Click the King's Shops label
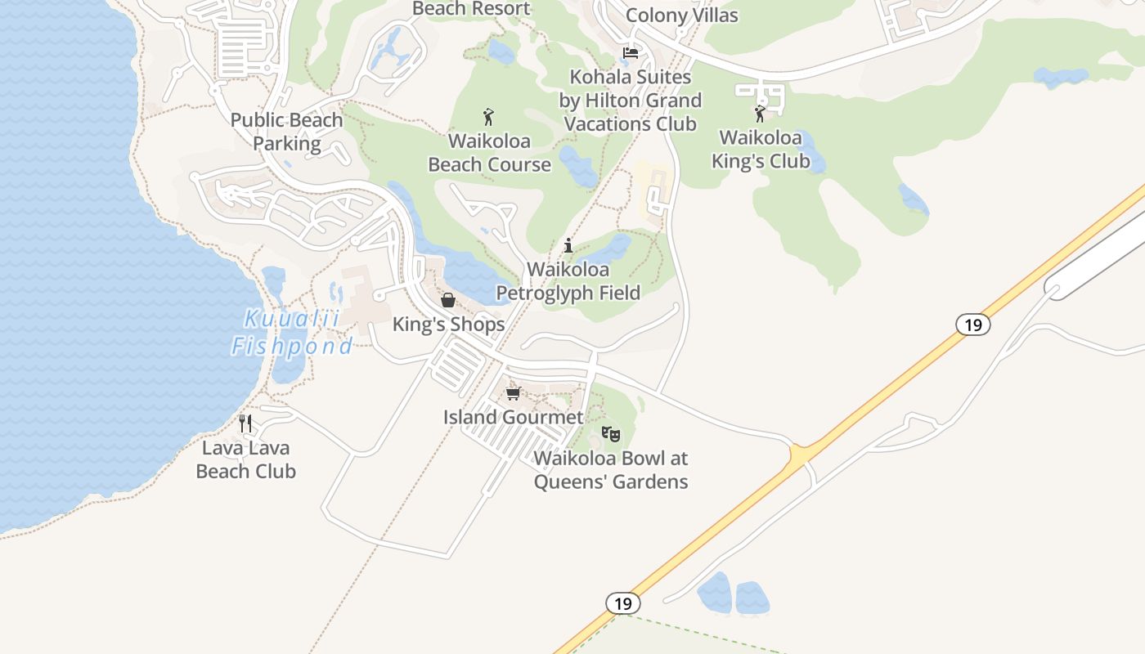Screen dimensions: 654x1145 [x=448, y=325]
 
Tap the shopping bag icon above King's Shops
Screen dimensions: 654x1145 [x=448, y=300]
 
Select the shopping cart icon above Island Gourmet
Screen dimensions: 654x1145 [x=513, y=393]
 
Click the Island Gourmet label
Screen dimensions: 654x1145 [x=514, y=417]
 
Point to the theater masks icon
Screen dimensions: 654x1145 [x=611, y=434]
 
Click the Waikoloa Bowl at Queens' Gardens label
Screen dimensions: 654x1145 [x=611, y=470]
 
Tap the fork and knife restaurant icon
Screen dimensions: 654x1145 [x=245, y=423]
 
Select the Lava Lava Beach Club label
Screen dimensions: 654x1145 [x=245, y=459]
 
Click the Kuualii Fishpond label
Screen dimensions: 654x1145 [x=292, y=333]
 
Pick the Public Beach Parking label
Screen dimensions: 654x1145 [x=286, y=132]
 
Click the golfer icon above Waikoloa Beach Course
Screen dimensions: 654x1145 [x=489, y=117]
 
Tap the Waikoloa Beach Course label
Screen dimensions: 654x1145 [x=490, y=153]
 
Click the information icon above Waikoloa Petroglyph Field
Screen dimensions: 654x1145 [x=568, y=245]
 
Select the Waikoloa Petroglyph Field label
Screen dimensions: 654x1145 [x=568, y=280]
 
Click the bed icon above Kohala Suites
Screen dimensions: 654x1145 [x=631, y=53]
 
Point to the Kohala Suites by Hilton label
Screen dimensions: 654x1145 [x=631, y=101]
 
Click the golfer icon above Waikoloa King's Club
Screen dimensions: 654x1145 [x=760, y=113]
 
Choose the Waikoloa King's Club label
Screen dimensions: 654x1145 [x=761, y=149]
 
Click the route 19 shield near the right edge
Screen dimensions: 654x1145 [x=972, y=325]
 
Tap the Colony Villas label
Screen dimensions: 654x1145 [x=681, y=16]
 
